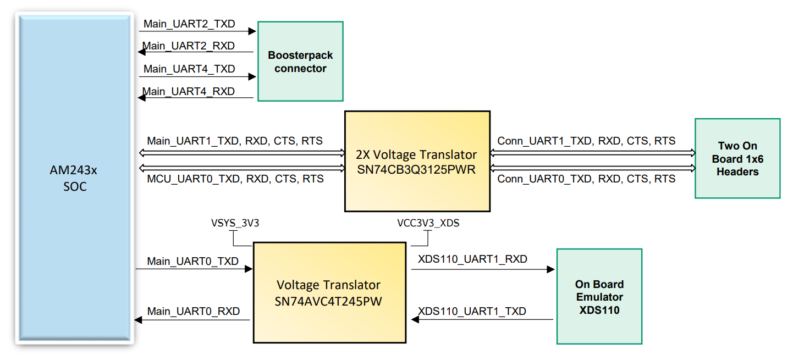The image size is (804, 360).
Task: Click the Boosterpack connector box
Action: pyautogui.click(x=300, y=62)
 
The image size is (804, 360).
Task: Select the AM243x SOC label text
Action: pyautogui.click(x=74, y=179)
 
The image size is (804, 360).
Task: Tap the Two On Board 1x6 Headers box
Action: pyautogui.click(x=737, y=158)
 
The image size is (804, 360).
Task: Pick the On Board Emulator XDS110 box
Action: pyautogui.click(x=599, y=297)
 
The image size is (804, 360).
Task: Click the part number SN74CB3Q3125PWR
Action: pyautogui.click(x=416, y=169)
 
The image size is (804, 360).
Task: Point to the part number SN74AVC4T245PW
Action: pyautogui.click(x=329, y=301)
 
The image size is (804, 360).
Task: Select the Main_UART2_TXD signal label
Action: pyautogui.click(x=189, y=24)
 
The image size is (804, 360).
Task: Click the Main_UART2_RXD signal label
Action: pyautogui.click(x=189, y=46)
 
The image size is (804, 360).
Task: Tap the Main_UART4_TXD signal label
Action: pyautogui.click(x=189, y=69)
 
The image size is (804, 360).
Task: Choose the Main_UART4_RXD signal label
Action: pyautogui.click(x=189, y=91)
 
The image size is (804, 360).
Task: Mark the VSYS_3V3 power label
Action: pyautogui.click(x=235, y=223)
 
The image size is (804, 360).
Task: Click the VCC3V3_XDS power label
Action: pyautogui.click(x=428, y=223)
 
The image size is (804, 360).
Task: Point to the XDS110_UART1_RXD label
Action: pyautogui.click(x=472, y=259)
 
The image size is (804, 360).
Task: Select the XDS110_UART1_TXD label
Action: pyautogui.click(x=472, y=312)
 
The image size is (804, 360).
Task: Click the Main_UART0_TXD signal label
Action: pyautogui.click(x=193, y=261)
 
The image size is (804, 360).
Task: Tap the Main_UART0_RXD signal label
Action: pyautogui.click(x=194, y=312)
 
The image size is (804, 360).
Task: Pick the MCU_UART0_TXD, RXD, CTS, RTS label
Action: pyautogui.click(x=235, y=179)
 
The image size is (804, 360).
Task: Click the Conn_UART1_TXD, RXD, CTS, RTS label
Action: pyautogui.click(x=586, y=141)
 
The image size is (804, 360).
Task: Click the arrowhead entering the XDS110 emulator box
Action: pyautogui.click(x=550, y=269)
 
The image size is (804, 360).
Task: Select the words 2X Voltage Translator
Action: pyautogui.click(x=416, y=154)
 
